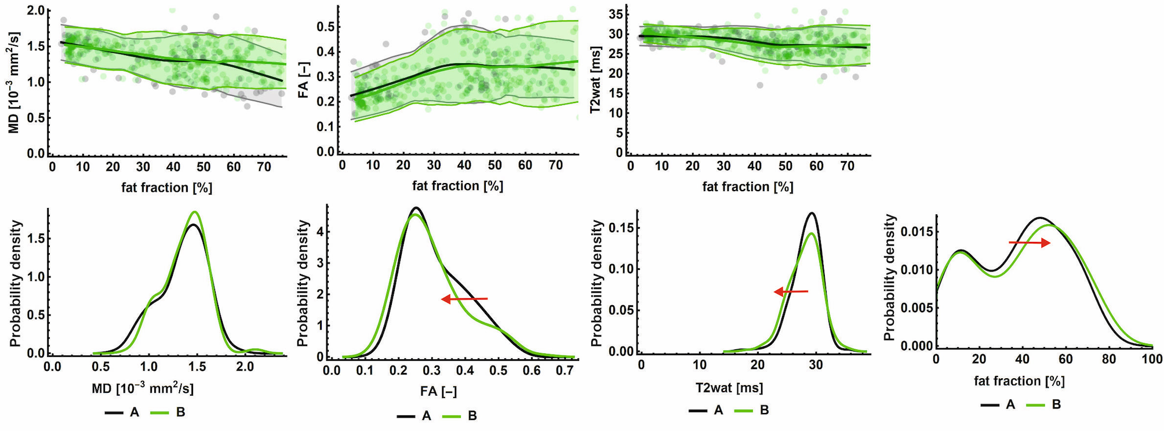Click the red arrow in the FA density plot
[464, 299]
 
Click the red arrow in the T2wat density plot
[791, 291]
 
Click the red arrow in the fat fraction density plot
[1030, 243]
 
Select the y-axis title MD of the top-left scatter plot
[14, 82]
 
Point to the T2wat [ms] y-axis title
[595, 80]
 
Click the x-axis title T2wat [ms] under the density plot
[729, 388]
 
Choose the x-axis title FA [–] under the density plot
[438, 392]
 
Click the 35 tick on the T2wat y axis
[616, 14]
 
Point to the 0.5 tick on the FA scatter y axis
[325, 27]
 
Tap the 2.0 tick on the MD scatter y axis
[35, 10]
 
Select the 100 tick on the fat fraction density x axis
[1152, 359]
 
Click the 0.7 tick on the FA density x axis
[565, 370]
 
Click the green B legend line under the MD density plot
[159, 412]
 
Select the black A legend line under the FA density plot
[406, 416]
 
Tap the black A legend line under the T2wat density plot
[699, 411]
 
